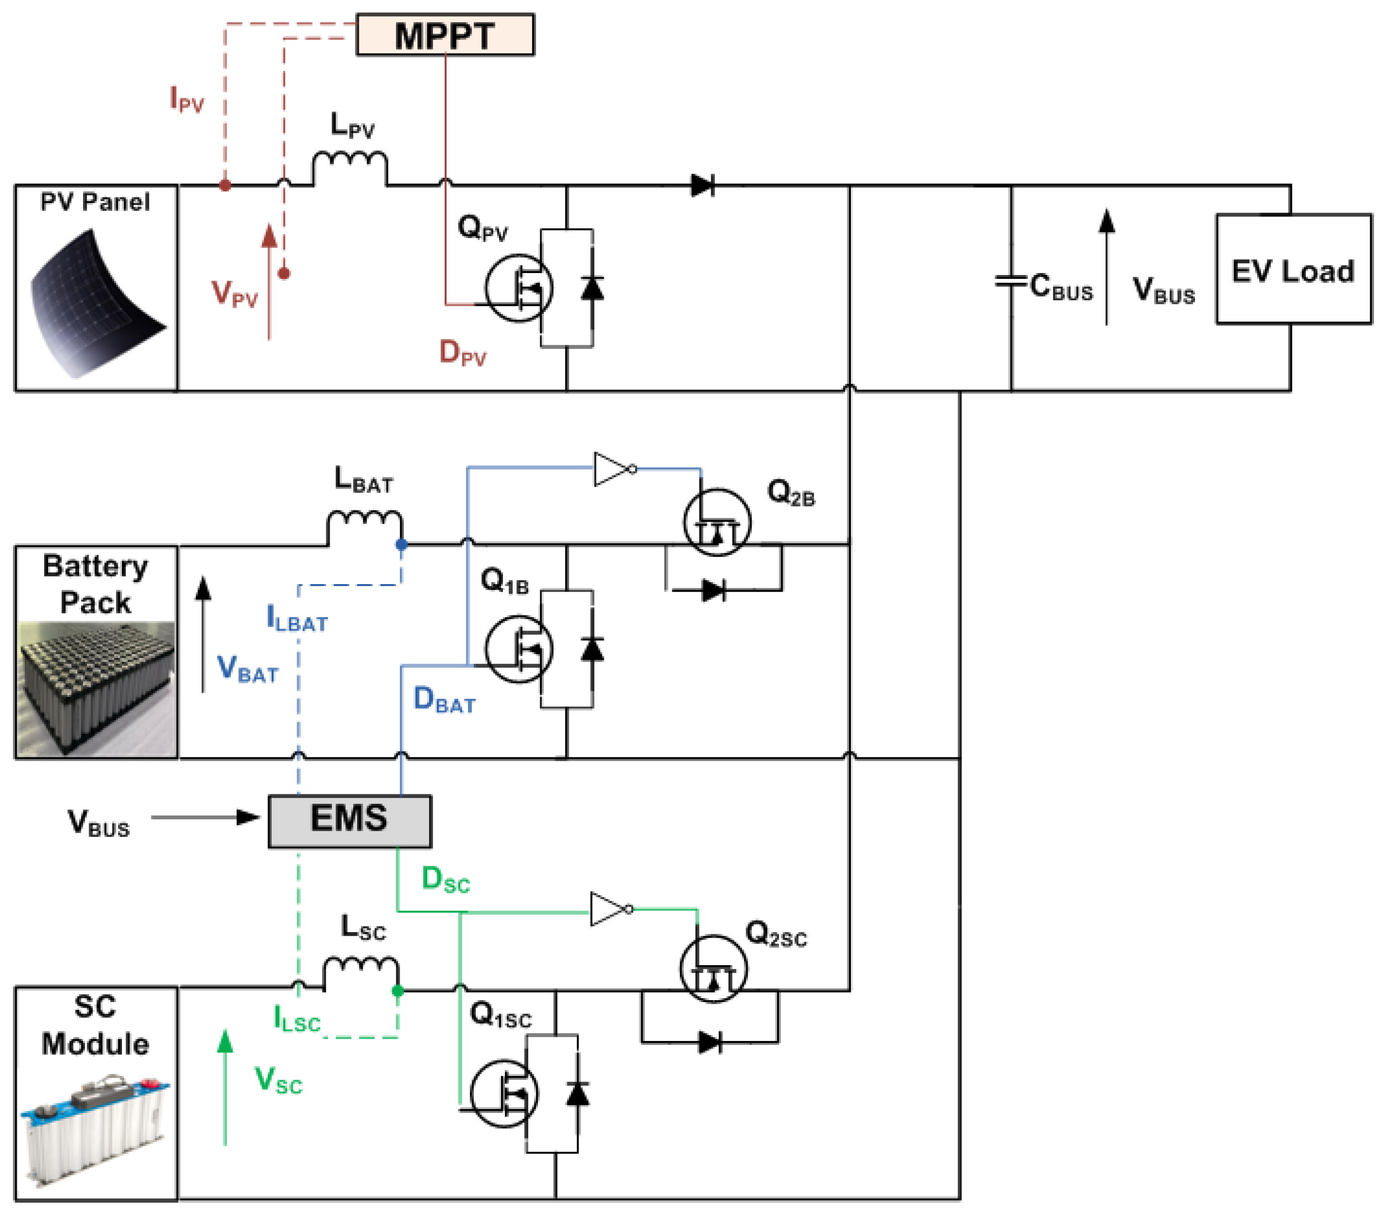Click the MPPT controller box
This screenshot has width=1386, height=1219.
[445, 35]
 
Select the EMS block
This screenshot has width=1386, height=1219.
[349, 820]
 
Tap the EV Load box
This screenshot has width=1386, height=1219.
[1293, 269]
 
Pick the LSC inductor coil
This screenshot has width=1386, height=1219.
[361, 971]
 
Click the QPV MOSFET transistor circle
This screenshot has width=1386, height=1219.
[519, 287]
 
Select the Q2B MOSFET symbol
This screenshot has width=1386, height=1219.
[717, 522]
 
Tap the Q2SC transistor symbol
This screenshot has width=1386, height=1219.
[713, 968]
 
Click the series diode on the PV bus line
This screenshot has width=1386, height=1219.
[703, 185]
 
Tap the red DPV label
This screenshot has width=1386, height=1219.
[463, 353]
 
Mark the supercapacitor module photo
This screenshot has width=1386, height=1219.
[95, 1125]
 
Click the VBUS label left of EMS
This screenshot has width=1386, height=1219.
[98, 823]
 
